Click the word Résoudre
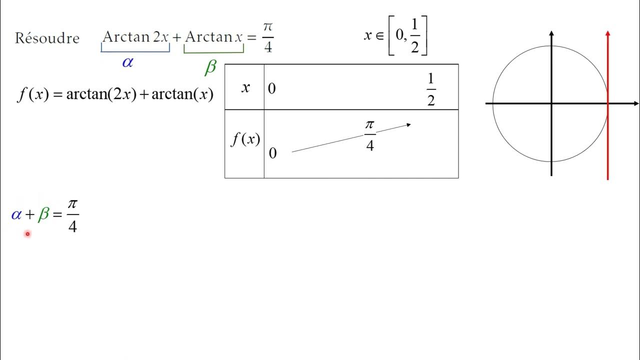(x=47, y=38)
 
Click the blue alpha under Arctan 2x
(x=127, y=62)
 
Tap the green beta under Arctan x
(x=210, y=67)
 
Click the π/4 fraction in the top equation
(x=267, y=37)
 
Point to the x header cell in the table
(x=245, y=87)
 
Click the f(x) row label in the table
(x=245, y=139)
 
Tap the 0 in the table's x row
(x=272, y=89)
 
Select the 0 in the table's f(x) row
(x=272, y=153)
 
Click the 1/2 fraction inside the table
(x=431, y=89)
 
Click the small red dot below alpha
(x=27, y=233)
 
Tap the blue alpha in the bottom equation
(x=16, y=215)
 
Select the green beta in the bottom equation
(x=43, y=215)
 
